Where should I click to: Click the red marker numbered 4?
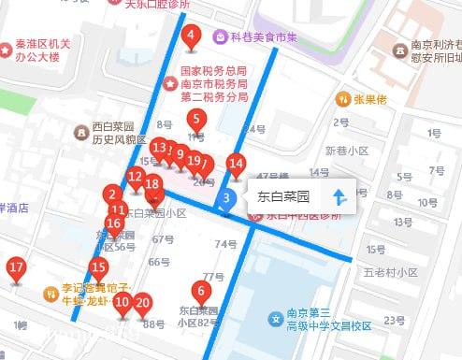click(192, 38)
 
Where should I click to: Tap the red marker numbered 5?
click(195, 120)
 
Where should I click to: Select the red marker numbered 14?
click(237, 165)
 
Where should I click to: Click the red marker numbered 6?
click(199, 291)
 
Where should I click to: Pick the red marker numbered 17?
click(16, 268)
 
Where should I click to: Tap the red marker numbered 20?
click(142, 302)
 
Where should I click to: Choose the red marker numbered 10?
click(123, 302)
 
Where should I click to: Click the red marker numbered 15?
click(98, 267)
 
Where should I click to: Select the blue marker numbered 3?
click(226, 198)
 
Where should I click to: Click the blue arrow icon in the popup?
click(339, 198)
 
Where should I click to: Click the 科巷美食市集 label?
click(265, 37)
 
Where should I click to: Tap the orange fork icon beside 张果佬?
click(344, 99)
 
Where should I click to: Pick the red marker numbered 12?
click(136, 177)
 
